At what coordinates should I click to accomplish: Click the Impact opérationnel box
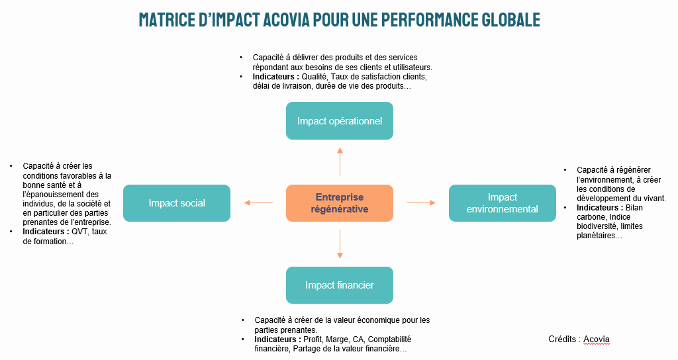(339, 120)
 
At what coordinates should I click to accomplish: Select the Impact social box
(177, 203)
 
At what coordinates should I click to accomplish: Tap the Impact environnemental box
(502, 203)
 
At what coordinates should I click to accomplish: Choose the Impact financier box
(339, 285)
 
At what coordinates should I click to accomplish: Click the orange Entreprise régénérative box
(339, 203)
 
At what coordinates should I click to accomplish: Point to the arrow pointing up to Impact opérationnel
(340, 161)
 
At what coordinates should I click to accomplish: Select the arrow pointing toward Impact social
(258, 203)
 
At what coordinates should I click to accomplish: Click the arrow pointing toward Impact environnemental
(420, 203)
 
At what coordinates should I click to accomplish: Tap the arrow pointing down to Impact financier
(340, 244)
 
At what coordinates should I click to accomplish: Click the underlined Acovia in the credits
(597, 339)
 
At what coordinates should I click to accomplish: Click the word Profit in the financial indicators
(313, 339)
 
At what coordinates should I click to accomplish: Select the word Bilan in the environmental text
(634, 208)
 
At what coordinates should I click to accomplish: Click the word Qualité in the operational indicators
(315, 77)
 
